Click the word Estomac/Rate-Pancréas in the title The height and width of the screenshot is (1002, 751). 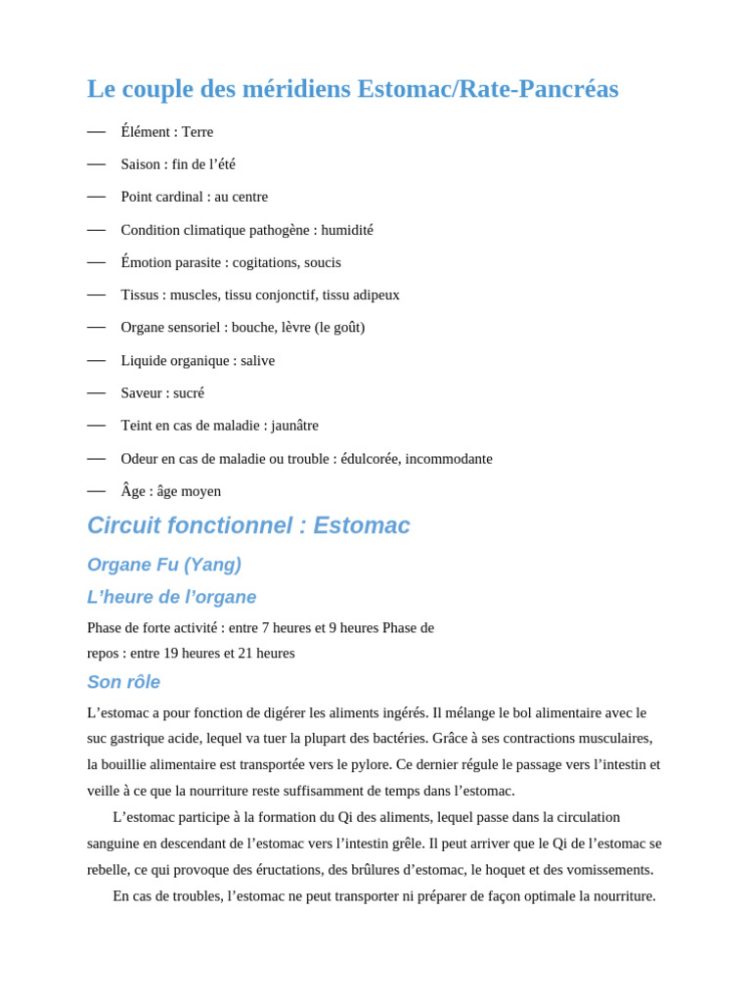click(487, 89)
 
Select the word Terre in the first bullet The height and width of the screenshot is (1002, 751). click(198, 132)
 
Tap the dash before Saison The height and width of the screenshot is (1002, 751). click(96, 164)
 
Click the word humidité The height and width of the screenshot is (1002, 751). click(347, 230)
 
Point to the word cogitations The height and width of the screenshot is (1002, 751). click(266, 262)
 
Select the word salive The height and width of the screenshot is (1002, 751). click(258, 360)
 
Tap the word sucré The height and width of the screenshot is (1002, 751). click(189, 392)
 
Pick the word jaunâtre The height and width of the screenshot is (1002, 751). click(295, 426)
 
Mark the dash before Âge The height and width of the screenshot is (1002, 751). click(96, 490)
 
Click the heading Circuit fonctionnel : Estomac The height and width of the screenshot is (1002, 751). click(248, 525)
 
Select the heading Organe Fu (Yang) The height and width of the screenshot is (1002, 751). click(164, 565)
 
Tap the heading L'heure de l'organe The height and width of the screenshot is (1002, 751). click(172, 597)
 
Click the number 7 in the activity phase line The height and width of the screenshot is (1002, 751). click(266, 627)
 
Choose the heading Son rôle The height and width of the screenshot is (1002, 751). click(123, 682)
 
